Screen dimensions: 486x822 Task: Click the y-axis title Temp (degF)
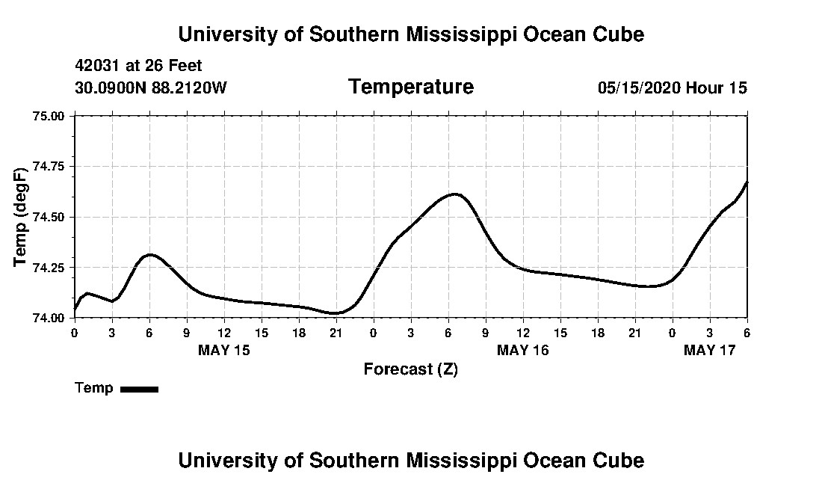(x=21, y=217)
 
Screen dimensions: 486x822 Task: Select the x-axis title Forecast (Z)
(x=410, y=369)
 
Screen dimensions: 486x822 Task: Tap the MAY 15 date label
(x=224, y=350)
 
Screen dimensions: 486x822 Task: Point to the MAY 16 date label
(x=523, y=350)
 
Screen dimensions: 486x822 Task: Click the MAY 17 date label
(x=710, y=350)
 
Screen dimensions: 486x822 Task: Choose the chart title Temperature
(x=410, y=87)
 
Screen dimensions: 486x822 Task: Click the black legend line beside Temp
(x=139, y=389)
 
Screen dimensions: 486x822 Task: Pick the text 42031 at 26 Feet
(x=138, y=66)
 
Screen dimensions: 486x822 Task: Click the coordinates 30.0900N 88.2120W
(x=151, y=88)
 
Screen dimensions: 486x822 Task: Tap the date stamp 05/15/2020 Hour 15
(x=672, y=88)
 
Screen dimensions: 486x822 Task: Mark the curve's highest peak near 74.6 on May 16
(x=454, y=194)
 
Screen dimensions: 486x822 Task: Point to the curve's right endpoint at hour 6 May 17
(x=747, y=182)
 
